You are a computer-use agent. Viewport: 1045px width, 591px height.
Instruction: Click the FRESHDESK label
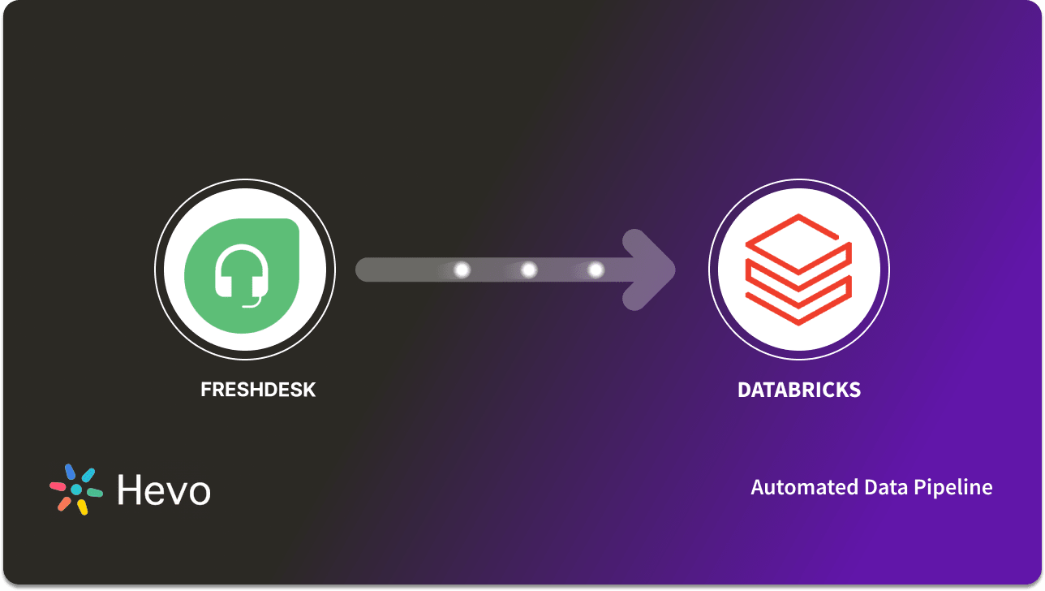click(258, 390)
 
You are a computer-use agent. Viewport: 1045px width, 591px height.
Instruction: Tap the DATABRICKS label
click(799, 390)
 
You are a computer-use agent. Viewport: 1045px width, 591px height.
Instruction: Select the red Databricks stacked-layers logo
click(798, 270)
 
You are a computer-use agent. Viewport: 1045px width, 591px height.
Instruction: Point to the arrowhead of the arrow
click(654, 270)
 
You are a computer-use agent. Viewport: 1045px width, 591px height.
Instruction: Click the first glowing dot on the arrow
click(462, 270)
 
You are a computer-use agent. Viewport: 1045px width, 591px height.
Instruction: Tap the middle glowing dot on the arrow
click(529, 270)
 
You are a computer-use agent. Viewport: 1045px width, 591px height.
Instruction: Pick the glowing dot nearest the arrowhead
click(596, 270)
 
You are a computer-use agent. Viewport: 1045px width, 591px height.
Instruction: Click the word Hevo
click(164, 490)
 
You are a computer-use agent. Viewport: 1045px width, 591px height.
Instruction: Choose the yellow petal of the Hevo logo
click(82, 507)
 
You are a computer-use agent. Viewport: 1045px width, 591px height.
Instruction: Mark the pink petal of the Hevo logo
click(58, 486)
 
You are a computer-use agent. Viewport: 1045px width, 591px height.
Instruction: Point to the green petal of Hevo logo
click(95, 493)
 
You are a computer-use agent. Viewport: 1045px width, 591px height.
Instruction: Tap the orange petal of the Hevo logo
click(64, 503)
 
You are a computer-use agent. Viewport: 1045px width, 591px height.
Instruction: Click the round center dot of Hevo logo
click(76, 490)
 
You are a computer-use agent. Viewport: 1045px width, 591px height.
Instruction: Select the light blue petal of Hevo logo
click(88, 475)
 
